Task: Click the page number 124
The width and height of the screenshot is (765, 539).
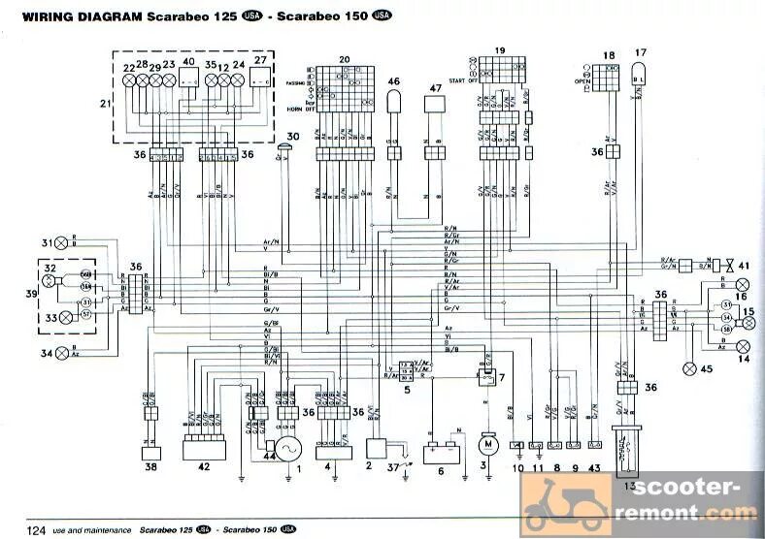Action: click(37, 529)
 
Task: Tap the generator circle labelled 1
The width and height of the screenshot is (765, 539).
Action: click(288, 448)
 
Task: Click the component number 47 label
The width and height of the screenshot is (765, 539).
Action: click(434, 88)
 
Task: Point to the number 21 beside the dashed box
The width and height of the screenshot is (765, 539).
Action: click(105, 103)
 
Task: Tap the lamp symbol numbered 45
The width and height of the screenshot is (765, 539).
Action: click(692, 367)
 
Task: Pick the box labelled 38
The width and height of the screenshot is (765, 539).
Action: click(150, 451)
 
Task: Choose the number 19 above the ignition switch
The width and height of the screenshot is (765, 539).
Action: click(499, 49)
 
